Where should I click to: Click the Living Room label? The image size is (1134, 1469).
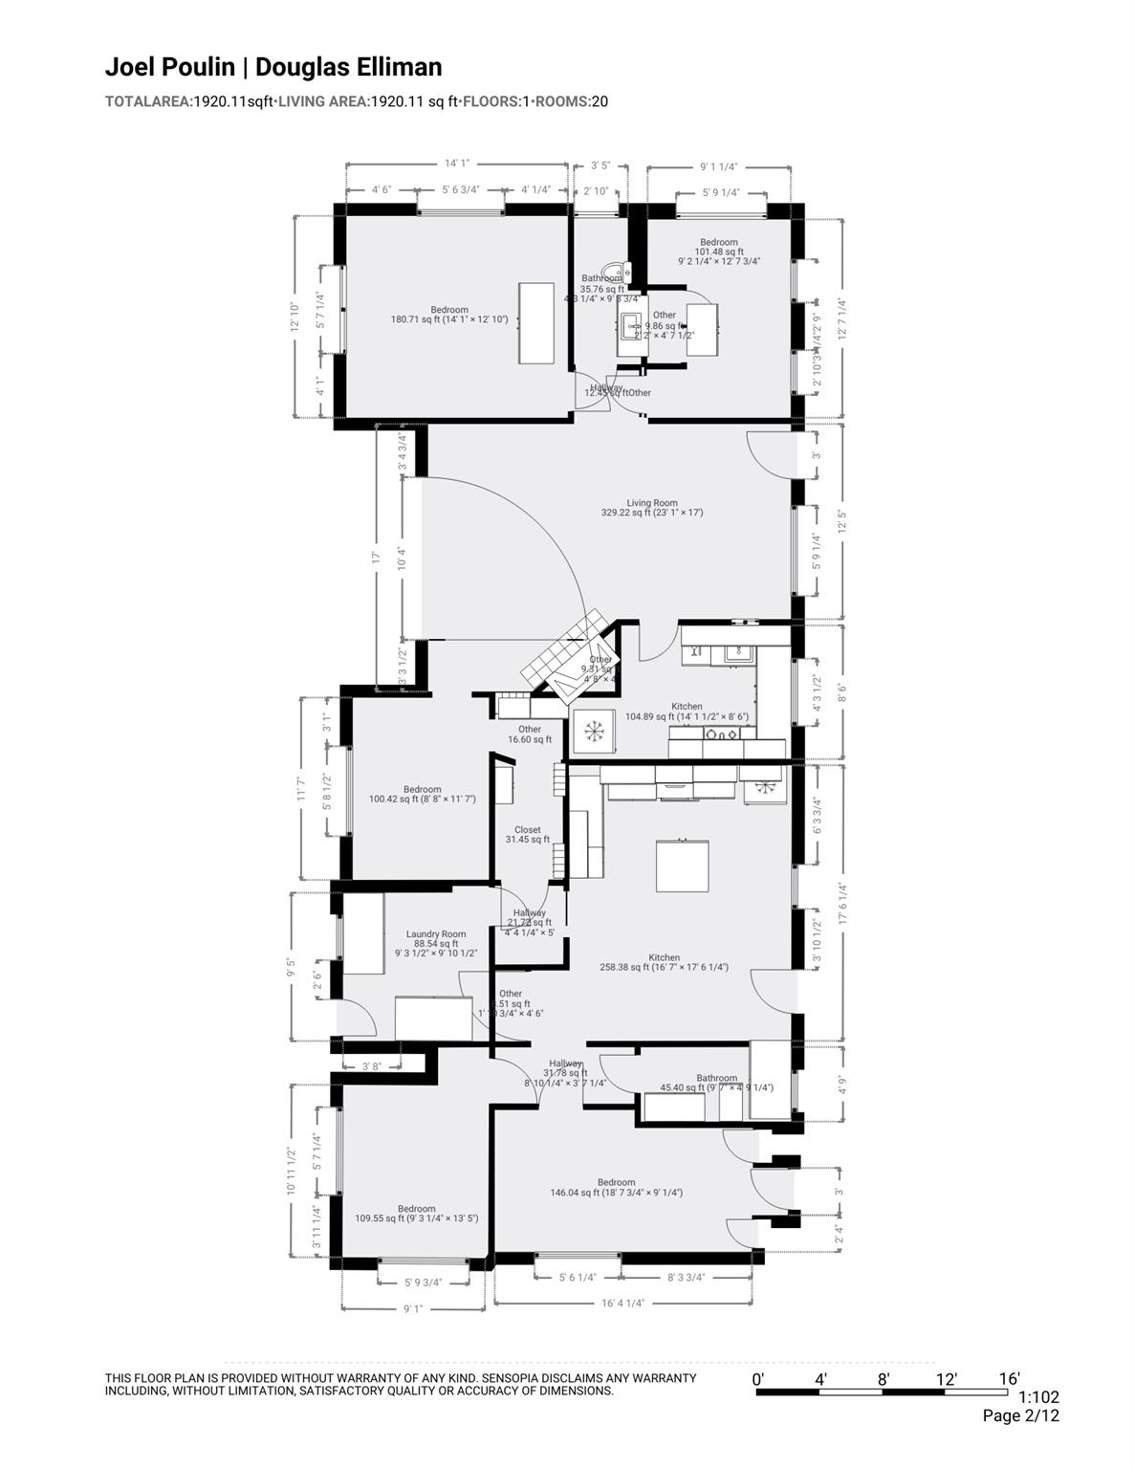pyautogui.click(x=652, y=508)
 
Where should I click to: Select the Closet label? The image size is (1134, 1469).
pyautogui.click(x=527, y=834)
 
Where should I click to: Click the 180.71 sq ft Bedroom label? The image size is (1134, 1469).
pyautogui.click(x=448, y=315)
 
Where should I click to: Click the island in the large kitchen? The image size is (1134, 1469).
pyautogui.click(x=682, y=865)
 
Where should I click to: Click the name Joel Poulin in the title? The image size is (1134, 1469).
pyautogui.click(x=168, y=67)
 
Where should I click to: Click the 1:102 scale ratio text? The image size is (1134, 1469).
pyautogui.click(x=1038, y=1397)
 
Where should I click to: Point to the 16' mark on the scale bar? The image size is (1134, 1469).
pyautogui.click(x=1009, y=1379)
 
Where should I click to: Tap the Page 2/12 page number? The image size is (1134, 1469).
pyautogui.click(x=1020, y=1416)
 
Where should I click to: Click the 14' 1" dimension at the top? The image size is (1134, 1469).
pyautogui.click(x=457, y=164)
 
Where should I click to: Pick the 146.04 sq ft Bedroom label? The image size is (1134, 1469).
pyautogui.click(x=616, y=1188)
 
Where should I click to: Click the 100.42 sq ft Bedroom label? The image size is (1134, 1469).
pyautogui.click(x=422, y=794)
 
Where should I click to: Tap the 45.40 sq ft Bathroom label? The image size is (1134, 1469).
pyautogui.click(x=716, y=1083)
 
